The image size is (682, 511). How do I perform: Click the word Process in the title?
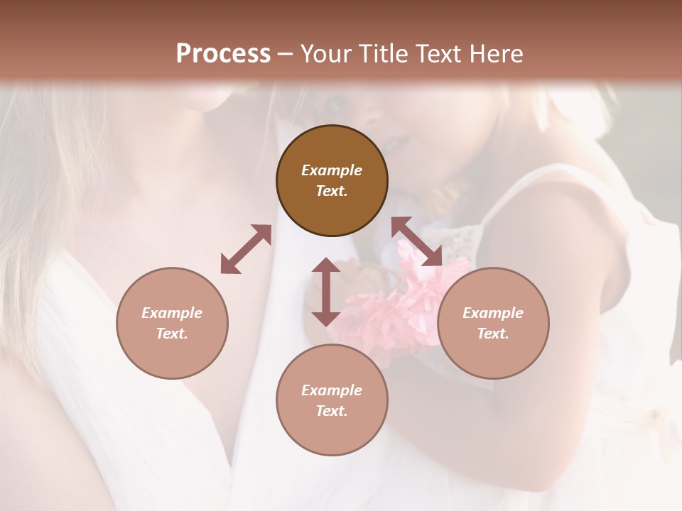tap(223, 54)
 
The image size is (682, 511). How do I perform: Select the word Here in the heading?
tap(496, 54)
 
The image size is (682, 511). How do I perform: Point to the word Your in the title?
tap(328, 54)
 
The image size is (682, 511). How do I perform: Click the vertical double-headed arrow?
tap(326, 292)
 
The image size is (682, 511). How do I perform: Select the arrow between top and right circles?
tap(416, 241)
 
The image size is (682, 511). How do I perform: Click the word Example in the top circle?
tap(332, 170)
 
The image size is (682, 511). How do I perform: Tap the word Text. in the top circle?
tap(332, 191)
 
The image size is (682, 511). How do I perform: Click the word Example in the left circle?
tap(172, 313)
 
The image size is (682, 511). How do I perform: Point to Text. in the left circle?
tap(172, 334)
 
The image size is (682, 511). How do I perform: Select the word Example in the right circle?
tap(493, 313)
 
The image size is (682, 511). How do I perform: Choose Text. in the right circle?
tap(493, 334)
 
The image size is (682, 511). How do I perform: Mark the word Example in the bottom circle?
tap(332, 390)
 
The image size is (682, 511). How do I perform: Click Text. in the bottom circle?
tap(332, 411)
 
